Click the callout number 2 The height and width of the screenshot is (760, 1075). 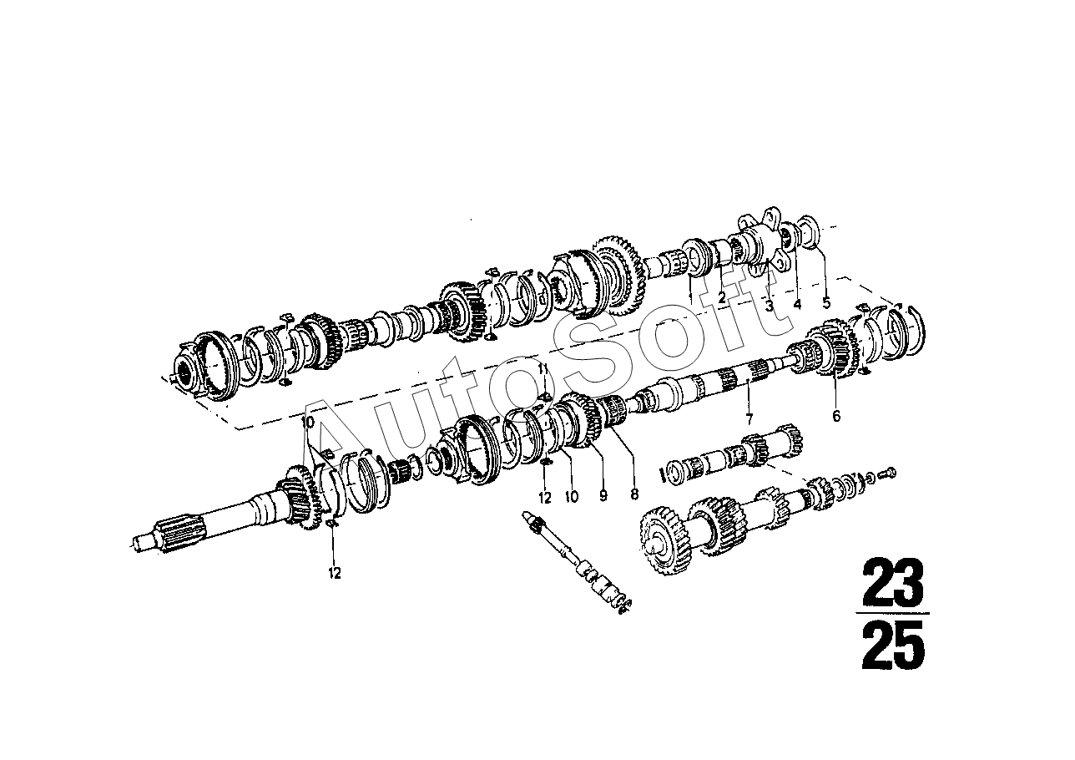(x=721, y=298)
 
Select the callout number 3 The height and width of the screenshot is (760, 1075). (x=770, y=306)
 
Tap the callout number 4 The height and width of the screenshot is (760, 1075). (x=798, y=304)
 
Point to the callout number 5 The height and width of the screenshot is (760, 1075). (x=826, y=303)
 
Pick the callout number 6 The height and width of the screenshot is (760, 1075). (x=836, y=416)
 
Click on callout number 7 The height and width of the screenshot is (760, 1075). (x=749, y=418)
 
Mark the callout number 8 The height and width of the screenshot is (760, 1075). (x=634, y=494)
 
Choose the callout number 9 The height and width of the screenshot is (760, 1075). (x=603, y=495)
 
